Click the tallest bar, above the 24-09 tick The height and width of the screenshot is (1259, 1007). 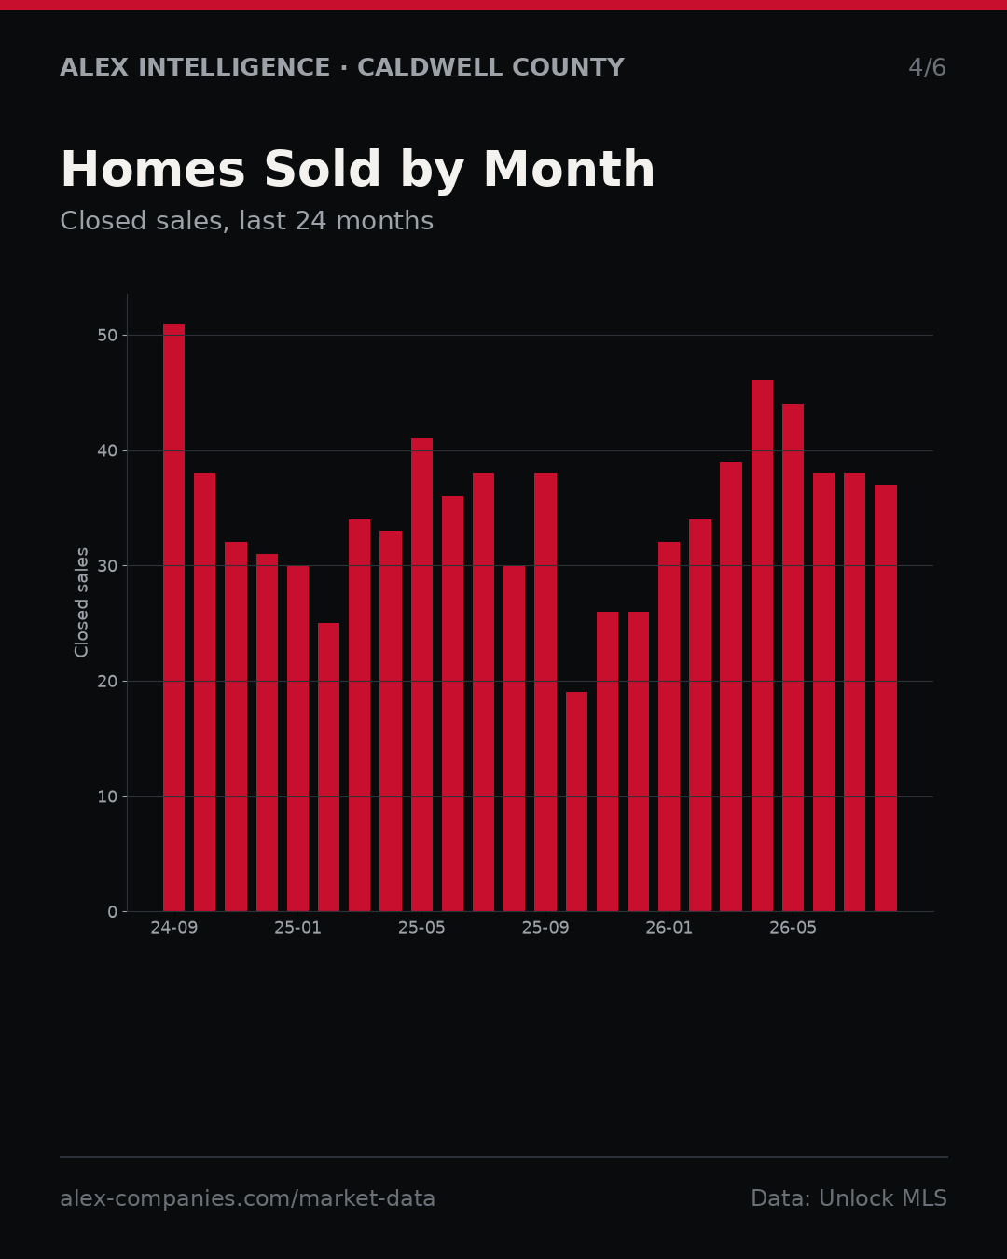(x=173, y=617)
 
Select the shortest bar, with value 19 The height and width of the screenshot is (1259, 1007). (x=576, y=801)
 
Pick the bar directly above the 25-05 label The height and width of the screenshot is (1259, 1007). (x=421, y=674)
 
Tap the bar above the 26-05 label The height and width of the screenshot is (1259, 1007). (x=793, y=657)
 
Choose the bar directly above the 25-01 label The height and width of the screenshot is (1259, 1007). (x=297, y=739)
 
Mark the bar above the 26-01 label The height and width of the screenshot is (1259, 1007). (x=669, y=726)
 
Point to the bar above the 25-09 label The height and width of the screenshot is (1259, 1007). (x=545, y=692)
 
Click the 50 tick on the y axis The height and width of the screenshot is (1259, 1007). (x=107, y=335)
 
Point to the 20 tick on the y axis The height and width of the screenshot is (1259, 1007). (x=107, y=681)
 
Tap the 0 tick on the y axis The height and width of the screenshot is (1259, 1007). (x=112, y=912)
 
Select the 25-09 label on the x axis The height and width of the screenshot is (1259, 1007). (x=545, y=928)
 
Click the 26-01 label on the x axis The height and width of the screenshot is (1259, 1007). (x=669, y=928)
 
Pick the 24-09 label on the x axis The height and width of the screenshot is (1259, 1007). (x=173, y=928)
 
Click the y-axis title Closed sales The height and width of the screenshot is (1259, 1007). (x=81, y=602)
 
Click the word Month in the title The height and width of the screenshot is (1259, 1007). (x=569, y=169)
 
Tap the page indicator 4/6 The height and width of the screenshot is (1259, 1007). (x=928, y=67)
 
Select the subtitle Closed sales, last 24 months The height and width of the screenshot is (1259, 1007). (x=247, y=221)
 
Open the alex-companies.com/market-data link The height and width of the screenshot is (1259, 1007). (x=247, y=1198)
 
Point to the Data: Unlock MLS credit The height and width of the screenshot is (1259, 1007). (x=849, y=1198)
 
